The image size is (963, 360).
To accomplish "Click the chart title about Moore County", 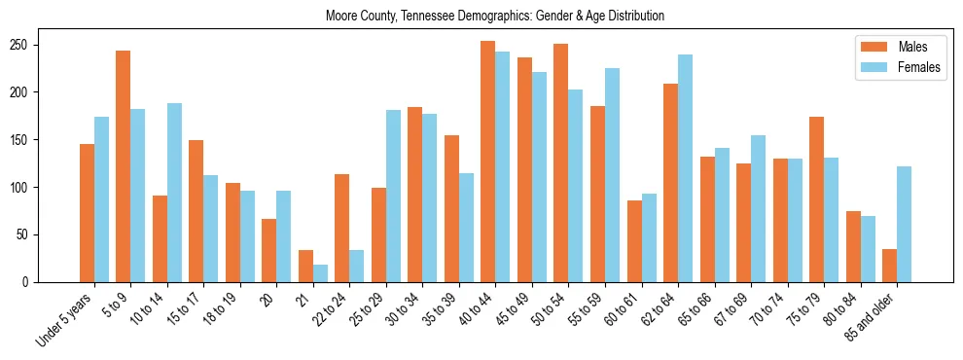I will click(481, 16).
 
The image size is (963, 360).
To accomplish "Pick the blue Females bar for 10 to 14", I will click(174, 193).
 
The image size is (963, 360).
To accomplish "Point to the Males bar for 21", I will click(305, 266).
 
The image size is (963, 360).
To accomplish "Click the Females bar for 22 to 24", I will click(357, 266).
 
